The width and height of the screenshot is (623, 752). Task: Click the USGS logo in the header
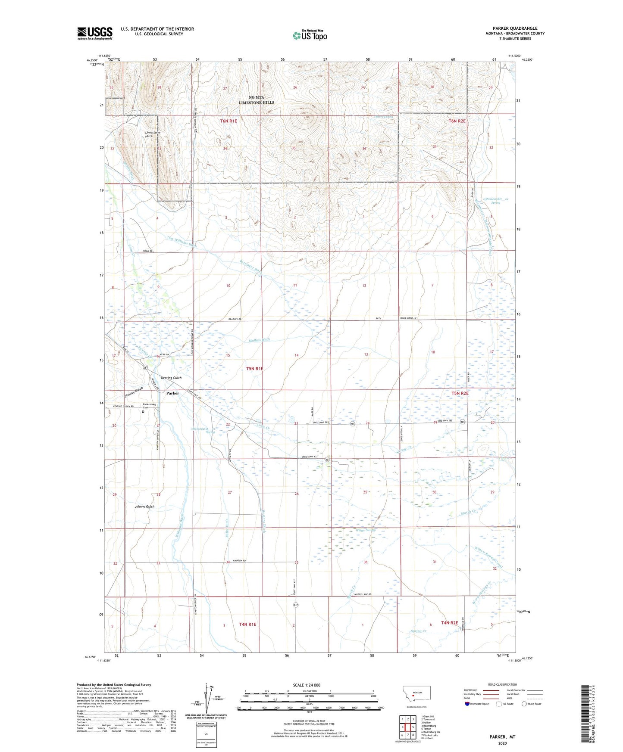coord(95,33)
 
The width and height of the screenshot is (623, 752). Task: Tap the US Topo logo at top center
coord(309,35)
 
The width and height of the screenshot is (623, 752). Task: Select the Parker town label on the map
coord(172,393)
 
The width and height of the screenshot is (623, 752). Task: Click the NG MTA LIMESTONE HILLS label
coord(257,100)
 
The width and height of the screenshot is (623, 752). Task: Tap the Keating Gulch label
coord(171,378)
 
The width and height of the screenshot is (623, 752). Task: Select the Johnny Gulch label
coord(144,507)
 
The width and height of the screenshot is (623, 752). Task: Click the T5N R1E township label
coord(254,369)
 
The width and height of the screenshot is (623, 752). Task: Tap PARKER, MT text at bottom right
coord(502,737)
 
